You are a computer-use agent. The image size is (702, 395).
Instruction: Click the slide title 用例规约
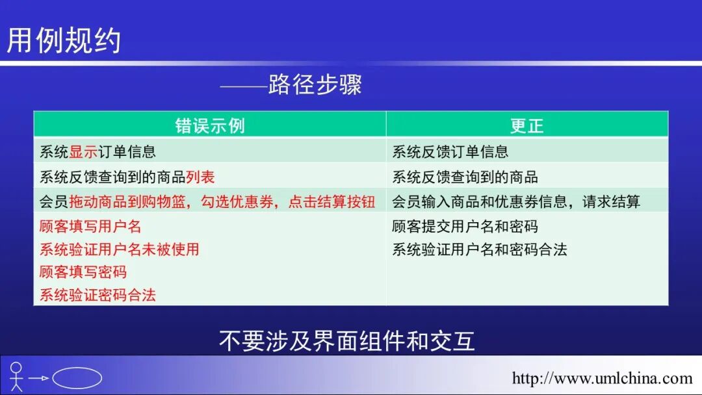64,40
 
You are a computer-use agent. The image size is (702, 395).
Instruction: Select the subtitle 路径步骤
315,85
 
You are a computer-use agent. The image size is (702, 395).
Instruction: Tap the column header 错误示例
210,125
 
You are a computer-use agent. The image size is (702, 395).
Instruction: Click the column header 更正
526,125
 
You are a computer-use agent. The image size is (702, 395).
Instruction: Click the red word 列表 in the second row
200,177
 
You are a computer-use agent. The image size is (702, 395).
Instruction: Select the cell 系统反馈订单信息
450,152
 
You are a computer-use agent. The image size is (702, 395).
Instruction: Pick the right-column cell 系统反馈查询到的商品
465,177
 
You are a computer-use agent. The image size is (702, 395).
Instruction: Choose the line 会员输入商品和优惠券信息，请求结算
515,201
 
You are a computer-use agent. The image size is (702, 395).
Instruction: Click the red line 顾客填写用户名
90,226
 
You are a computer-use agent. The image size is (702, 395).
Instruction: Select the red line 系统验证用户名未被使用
119,249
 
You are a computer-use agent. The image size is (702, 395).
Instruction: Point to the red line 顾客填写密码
83,272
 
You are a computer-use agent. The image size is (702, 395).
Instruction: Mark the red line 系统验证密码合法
97,294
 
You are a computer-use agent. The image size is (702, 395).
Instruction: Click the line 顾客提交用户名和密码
465,226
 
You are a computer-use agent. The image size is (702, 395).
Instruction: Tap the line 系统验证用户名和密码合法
479,249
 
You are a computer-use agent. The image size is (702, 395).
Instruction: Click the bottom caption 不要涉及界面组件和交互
347,341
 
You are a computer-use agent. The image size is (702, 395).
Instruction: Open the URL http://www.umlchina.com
602,378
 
